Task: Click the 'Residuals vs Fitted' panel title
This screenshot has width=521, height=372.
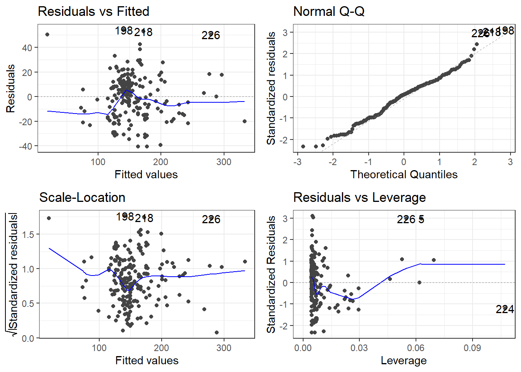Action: point(93,12)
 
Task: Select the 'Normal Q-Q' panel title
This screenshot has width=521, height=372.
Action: point(329,12)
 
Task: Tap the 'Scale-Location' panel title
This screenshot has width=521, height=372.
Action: point(82,198)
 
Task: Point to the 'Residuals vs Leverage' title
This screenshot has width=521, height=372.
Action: point(359,198)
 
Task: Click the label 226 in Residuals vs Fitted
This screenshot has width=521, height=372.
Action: point(210,35)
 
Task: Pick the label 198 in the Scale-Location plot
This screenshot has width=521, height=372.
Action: point(125,217)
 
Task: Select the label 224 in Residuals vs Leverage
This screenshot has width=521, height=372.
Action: point(505,309)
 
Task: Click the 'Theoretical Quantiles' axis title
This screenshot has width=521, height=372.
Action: point(404,175)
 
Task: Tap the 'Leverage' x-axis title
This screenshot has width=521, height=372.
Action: point(404,361)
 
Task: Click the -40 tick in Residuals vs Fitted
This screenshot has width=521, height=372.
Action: point(27,146)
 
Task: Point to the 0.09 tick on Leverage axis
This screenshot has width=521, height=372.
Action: point(472,348)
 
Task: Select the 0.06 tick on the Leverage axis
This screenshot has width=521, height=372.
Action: point(416,348)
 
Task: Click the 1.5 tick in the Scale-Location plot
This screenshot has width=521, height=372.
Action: point(28,234)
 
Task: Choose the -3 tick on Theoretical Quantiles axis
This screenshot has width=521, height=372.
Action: point(297,162)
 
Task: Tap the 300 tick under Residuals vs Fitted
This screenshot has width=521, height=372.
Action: point(224,162)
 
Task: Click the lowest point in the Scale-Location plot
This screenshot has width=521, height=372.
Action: point(216,332)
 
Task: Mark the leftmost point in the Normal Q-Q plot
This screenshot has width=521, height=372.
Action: point(303,146)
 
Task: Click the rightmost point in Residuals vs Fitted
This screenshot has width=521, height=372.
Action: point(245,121)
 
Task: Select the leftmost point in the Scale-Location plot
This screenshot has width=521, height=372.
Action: point(49,218)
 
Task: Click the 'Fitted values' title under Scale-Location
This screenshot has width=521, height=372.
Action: point(147,361)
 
